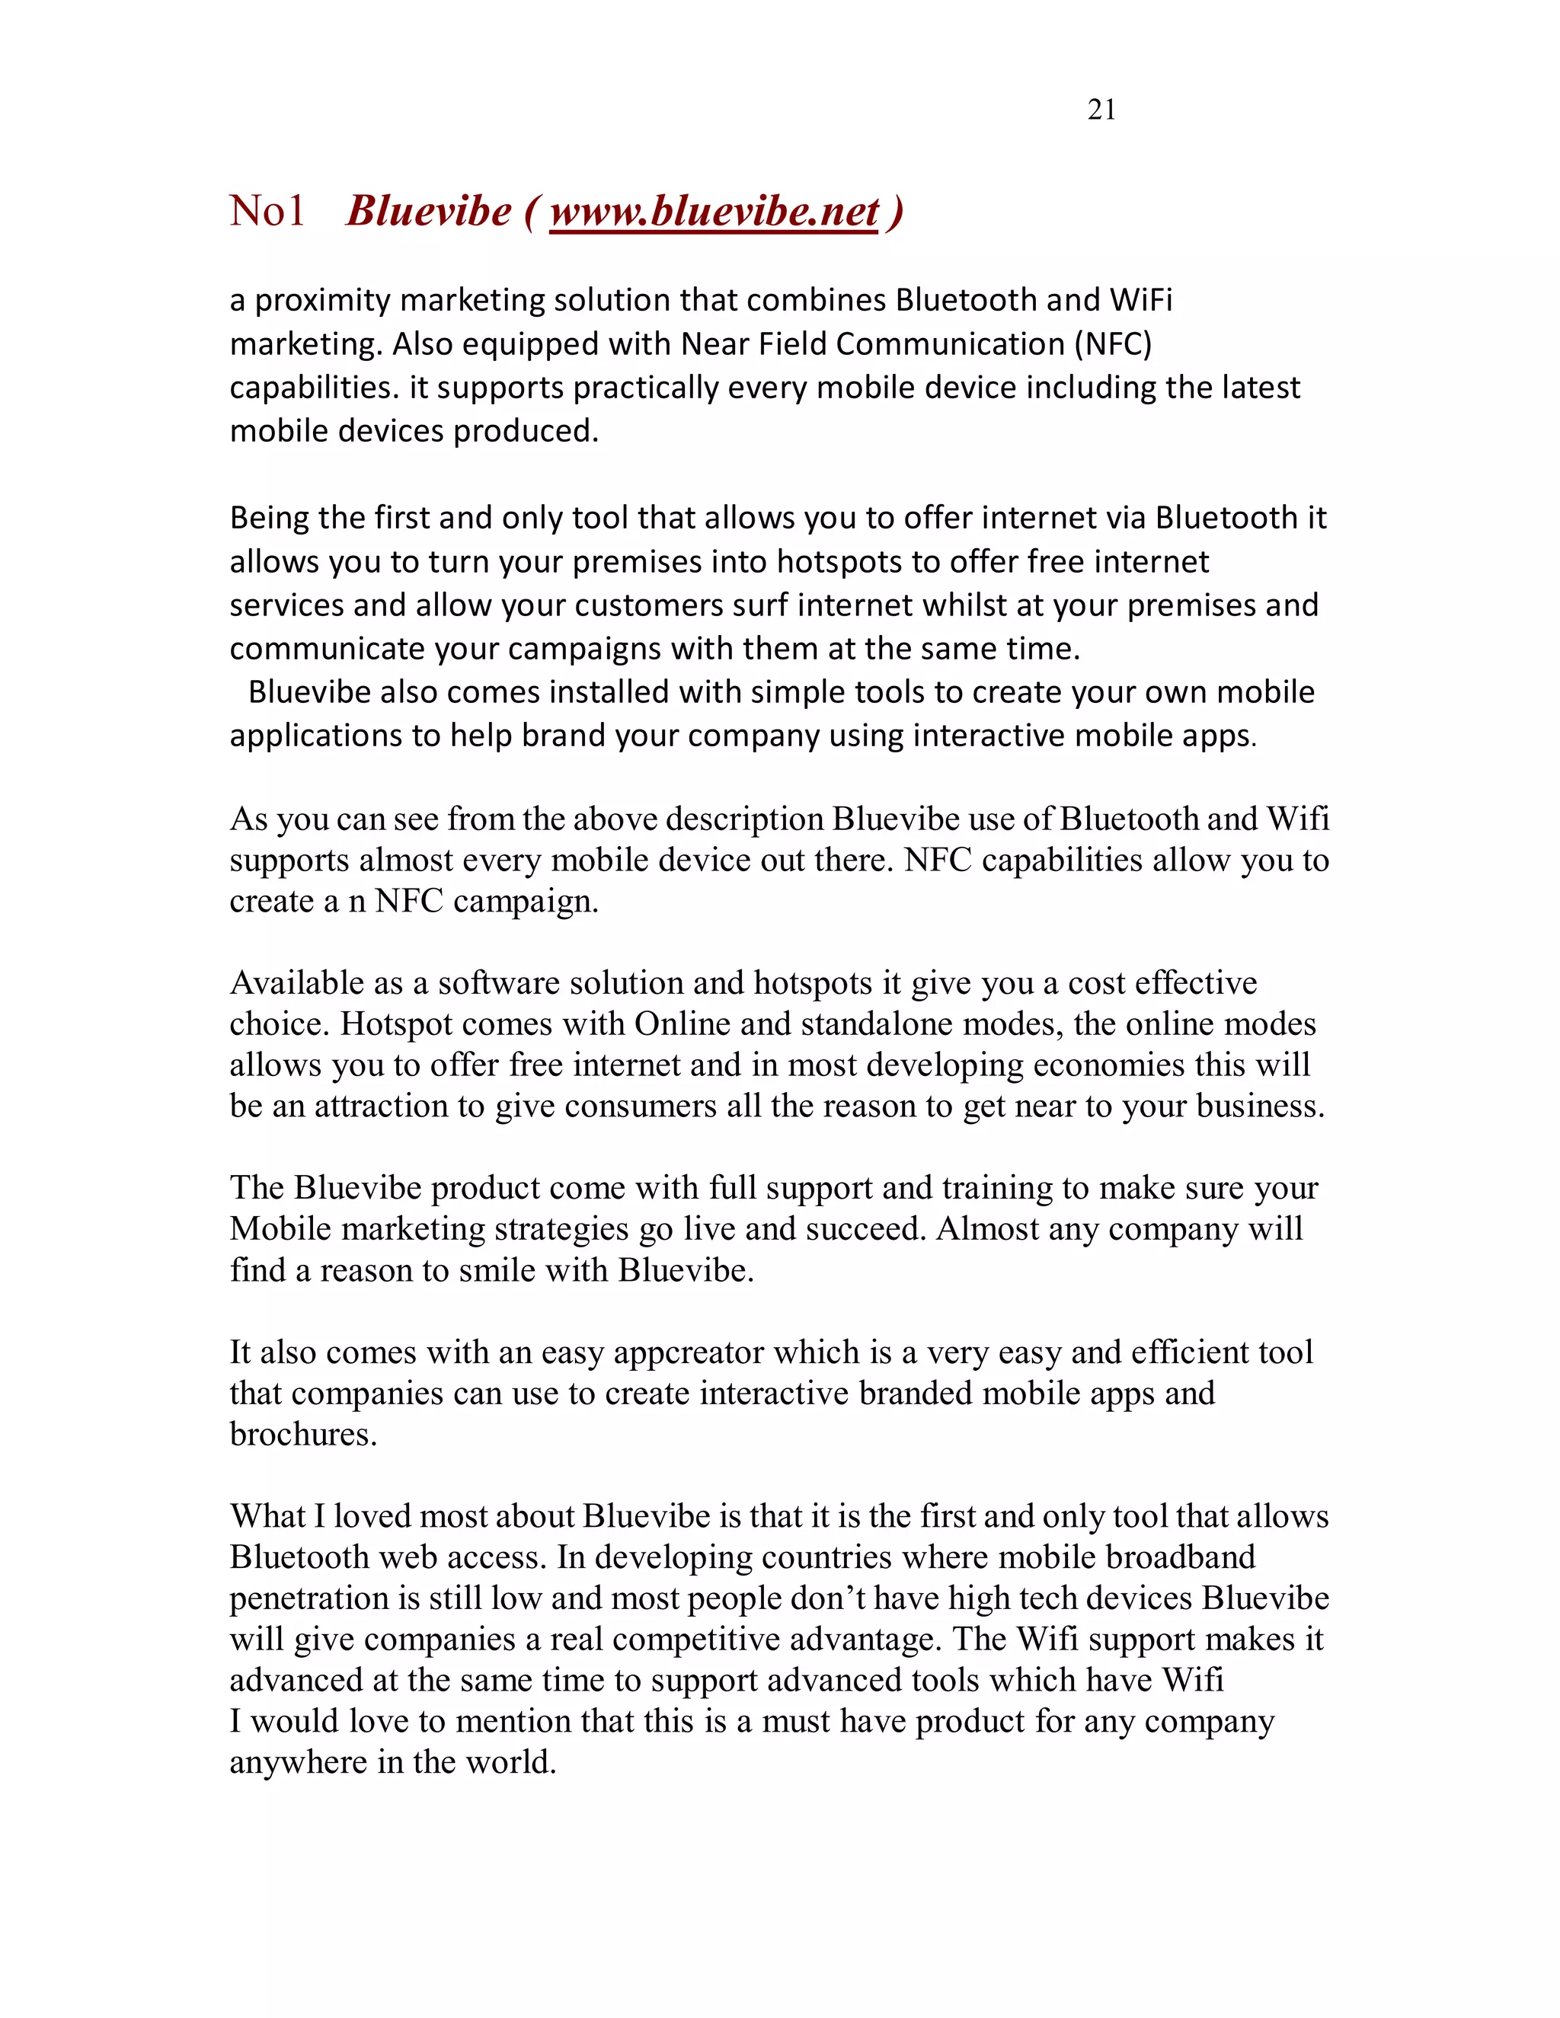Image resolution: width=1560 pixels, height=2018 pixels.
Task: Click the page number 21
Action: pos(1101,110)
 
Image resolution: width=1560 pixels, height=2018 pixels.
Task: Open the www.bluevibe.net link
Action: pos(714,212)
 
